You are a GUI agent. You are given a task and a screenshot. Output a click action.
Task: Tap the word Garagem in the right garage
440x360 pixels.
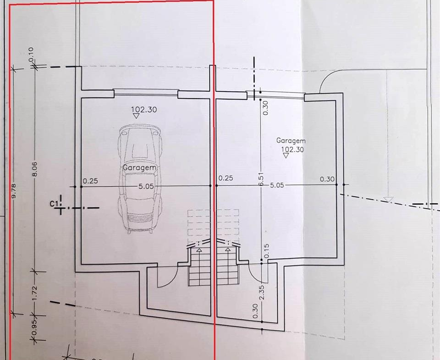(x=291, y=141)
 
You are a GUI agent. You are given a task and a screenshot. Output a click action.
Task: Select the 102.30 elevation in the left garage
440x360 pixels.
(x=144, y=110)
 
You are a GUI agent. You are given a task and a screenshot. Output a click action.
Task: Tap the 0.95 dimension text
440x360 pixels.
(x=35, y=327)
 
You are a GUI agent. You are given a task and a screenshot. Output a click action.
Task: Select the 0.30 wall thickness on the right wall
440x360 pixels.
(x=327, y=179)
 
